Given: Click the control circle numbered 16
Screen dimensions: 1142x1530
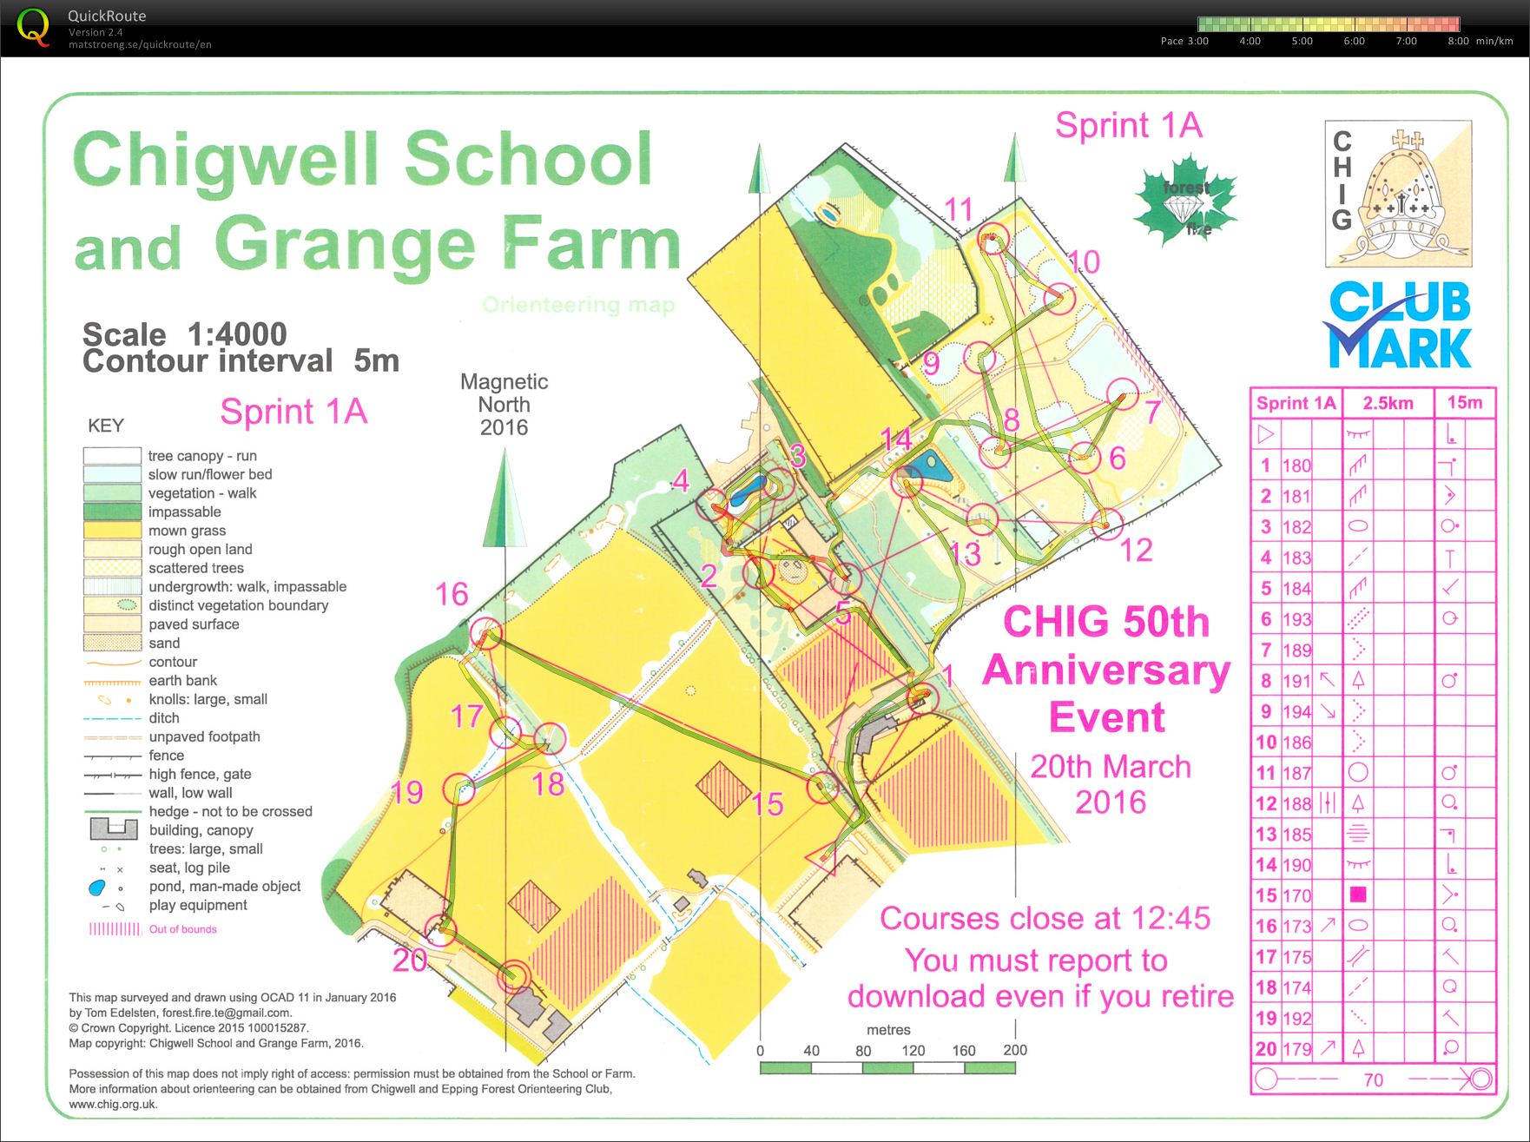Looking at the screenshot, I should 486,633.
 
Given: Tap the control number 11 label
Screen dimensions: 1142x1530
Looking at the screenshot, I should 959,209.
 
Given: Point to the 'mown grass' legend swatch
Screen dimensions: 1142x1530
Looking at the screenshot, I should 112,531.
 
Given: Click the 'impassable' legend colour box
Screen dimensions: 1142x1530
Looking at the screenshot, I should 112,512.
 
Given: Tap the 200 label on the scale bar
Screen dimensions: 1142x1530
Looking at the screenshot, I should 1015,1050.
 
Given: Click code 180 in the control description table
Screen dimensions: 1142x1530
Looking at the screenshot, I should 1296,465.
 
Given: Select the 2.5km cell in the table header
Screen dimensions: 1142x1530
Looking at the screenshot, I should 1388,403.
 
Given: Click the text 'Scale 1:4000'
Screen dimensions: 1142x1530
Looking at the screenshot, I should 184,334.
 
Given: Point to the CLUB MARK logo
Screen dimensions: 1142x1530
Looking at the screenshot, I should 1398,326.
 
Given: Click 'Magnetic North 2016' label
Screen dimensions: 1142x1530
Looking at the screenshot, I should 504,404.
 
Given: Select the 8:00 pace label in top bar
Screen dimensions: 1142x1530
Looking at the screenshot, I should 1458,41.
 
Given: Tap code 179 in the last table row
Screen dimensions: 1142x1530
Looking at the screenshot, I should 1296,1049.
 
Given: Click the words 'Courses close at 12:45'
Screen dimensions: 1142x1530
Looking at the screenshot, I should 1045,918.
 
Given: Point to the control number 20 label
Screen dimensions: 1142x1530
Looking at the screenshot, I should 410,960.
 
